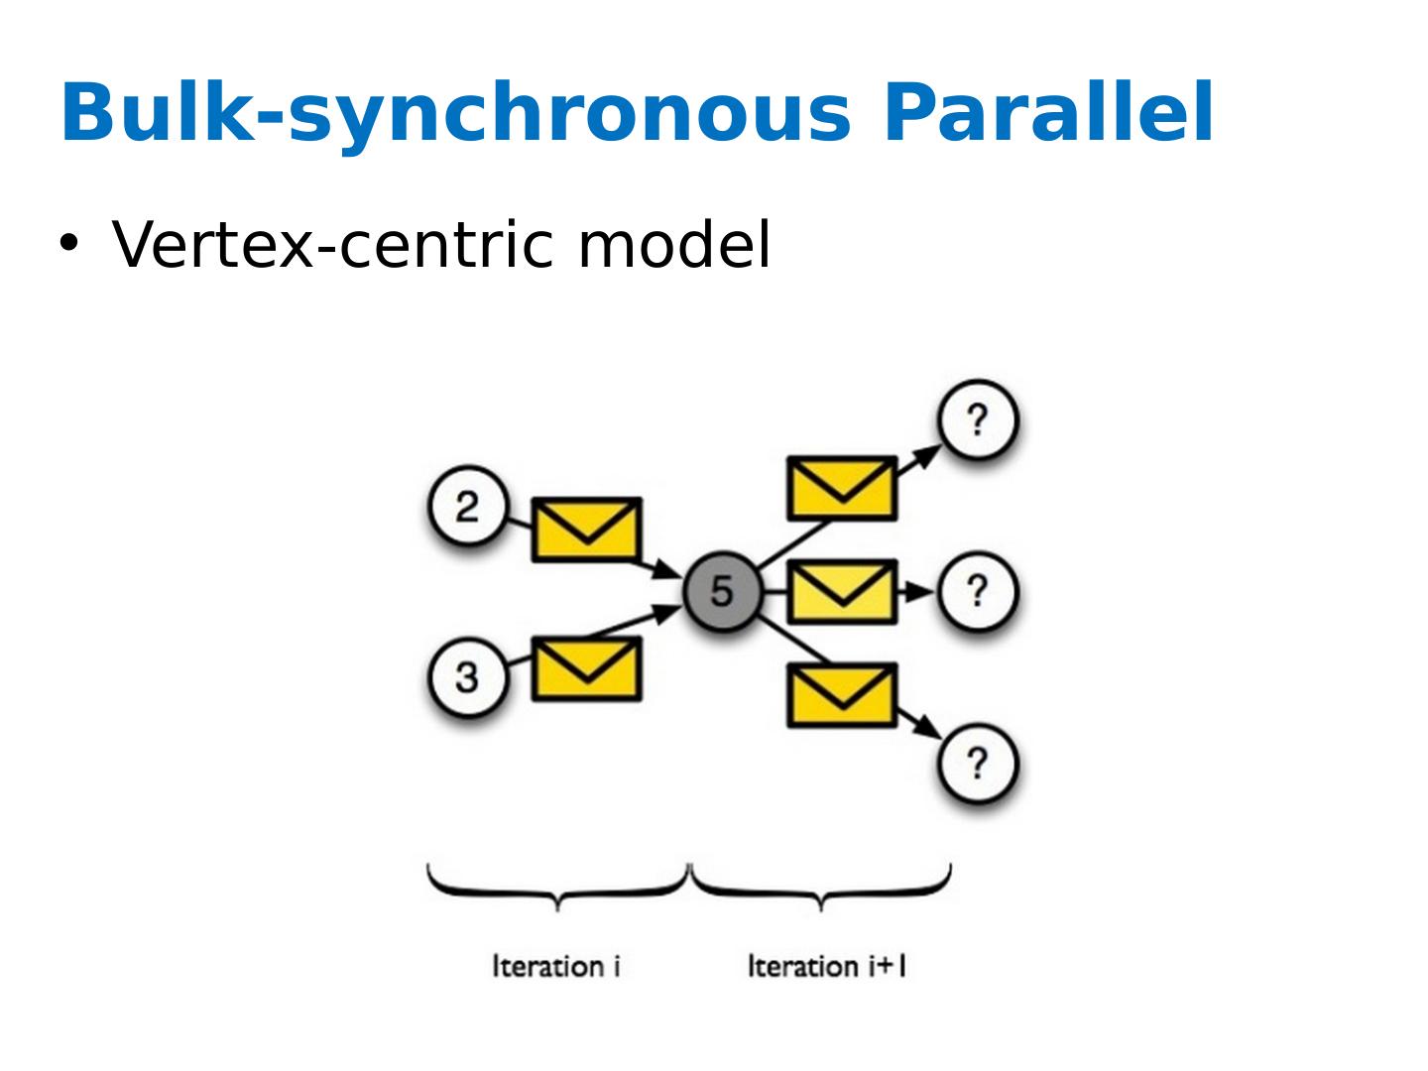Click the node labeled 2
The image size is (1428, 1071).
(x=467, y=508)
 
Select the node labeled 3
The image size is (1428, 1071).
(x=467, y=678)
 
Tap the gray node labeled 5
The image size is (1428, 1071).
(x=722, y=591)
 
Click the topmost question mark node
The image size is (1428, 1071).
(x=979, y=420)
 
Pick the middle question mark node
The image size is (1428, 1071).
(x=979, y=592)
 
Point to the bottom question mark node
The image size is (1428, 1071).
(x=979, y=764)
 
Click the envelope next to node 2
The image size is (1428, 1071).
(x=587, y=530)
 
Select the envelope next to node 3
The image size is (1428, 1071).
(x=587, y=668)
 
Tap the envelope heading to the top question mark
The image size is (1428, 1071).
(x=842, y=488)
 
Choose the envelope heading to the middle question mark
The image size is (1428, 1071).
(x=842, y=592)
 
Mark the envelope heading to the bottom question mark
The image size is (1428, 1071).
(x=842, y=695)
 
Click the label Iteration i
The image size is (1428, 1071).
(x=556, y=966)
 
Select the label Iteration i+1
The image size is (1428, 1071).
(x=827, y=966)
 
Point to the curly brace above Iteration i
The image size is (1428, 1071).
(x=558, y=886)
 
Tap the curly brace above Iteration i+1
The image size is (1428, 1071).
(x=821, y=886)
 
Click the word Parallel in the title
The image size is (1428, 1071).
(x=1047, y=112)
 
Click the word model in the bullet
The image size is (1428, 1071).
(x=673, y=244)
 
